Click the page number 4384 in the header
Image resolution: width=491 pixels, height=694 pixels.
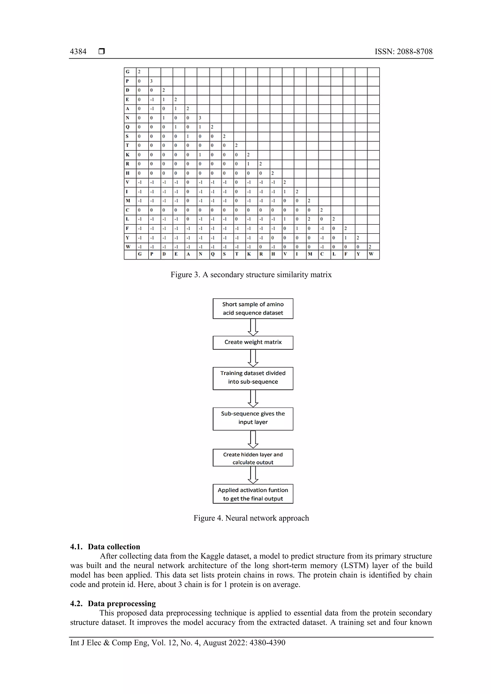click(x=78, y=52)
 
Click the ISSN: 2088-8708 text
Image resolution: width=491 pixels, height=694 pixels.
click(x=403, y=52)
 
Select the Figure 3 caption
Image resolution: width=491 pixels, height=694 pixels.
click(x=251, y=275)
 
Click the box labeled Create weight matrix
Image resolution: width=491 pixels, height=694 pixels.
click(x=253, y=343)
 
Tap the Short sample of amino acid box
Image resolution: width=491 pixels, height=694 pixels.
click(x=253, y=308)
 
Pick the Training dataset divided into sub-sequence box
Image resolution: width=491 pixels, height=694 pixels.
click(x=253, y=378)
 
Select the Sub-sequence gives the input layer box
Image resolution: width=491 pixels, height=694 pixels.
click(x=253, y=418)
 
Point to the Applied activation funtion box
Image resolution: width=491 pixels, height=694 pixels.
click(x=253, y=494)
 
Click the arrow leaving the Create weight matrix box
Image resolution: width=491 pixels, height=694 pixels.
click(x=253, y=358)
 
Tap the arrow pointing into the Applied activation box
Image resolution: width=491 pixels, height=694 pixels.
click(x=253, y=475)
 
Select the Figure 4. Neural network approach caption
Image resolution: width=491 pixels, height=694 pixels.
click(x=251, y=518)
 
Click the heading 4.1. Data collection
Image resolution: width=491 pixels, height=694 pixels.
click(x=105, y=546)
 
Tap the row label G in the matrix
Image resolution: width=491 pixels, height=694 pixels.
click(x=128, y=72)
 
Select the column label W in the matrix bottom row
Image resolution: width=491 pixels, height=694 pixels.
click(x=371, y=254)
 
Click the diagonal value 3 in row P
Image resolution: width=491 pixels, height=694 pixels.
click(x=152, y=81)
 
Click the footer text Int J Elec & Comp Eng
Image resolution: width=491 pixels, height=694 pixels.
click(x=178, y=643)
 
